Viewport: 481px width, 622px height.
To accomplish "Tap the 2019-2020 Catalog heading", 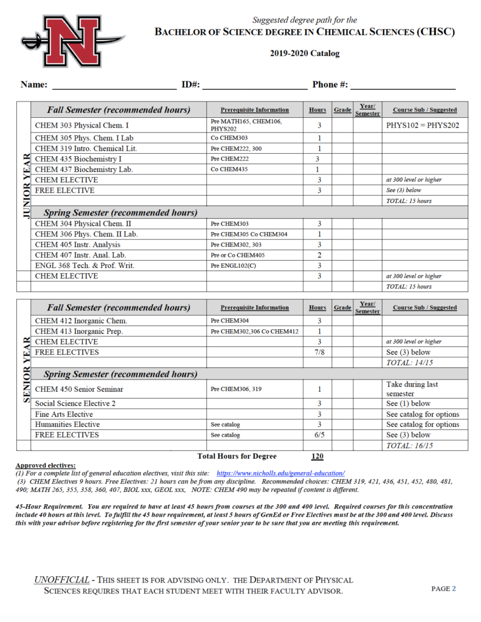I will [305, 53].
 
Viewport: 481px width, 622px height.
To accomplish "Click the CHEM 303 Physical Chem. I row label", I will [86, 126].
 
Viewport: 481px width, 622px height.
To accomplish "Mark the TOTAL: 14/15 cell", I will [414, 363].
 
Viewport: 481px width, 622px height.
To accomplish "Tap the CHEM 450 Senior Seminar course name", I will [79, 389].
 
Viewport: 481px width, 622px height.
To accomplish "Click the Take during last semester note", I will [414, 389].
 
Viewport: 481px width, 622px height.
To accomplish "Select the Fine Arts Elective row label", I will [64, 414].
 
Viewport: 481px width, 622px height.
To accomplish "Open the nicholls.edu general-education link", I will [280, 473].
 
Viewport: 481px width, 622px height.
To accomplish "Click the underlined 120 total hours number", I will [317, 457].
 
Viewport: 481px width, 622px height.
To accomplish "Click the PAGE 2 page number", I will [443, 589].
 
